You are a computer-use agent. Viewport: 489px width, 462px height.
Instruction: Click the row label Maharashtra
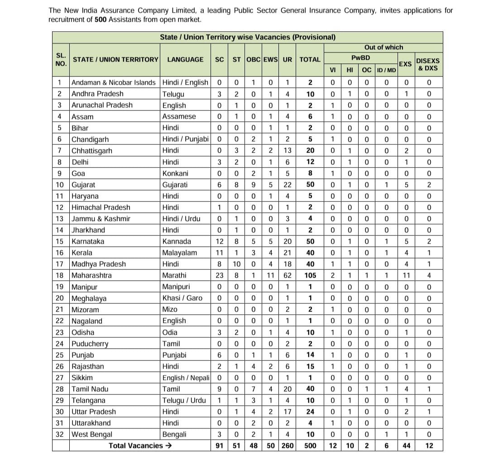click(x=91, y=275)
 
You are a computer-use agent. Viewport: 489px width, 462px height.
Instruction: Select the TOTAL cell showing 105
click(x=310, y=275)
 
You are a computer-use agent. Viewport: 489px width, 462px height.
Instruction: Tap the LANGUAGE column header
click(x=185, y=59)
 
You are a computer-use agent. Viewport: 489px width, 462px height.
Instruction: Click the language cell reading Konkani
click(x=175, y=173)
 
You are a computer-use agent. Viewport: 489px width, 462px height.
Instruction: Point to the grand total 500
click(x=310, y=446)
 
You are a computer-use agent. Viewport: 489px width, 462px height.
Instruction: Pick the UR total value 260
click(x=287, y=446)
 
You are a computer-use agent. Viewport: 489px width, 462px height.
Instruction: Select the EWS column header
click(x=270, y=59)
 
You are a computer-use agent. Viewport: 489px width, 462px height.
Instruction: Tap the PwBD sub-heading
click(x=360, y=58)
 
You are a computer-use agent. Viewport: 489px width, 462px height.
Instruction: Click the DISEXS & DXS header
click(x=427, y=64)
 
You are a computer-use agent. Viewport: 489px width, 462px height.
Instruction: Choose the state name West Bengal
click(x=92, y=434)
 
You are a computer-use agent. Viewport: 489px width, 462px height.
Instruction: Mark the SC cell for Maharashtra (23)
click(x=219, y=275)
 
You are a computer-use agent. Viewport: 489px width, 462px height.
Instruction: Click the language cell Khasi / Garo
click(x=182, y=298)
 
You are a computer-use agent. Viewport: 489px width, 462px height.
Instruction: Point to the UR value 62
click(x=287, y=275)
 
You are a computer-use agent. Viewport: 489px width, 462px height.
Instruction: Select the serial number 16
click(x=60, y=253)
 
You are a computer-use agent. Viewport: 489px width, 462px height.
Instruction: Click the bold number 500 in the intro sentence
click(x=101, y=19)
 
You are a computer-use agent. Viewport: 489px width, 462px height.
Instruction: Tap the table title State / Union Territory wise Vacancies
click(x=247, y=37)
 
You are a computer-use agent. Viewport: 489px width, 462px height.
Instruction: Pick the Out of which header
click(x=383, y=47)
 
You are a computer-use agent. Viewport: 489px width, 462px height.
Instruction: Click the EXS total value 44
click(x=406, y=446)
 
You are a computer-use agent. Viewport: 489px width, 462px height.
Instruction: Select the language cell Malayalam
click(x=179, y=253)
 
